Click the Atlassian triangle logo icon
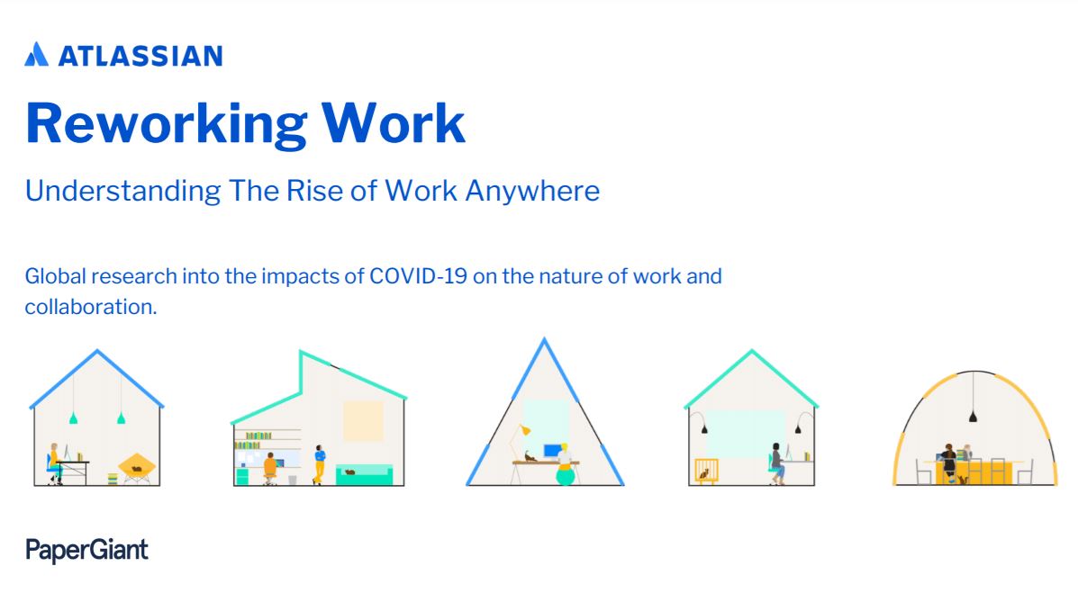[x=36, y=55]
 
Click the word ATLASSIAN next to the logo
[x=140, y=56]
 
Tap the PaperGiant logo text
[x=86, y=549]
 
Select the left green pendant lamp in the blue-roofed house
[x=73, y=418]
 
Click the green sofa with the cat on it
[x=364, y=475]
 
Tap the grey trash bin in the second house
[x=293, y=480]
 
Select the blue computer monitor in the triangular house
[x=550, y=450]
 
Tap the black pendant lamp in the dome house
[x=973, y=415]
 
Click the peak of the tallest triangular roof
[x=543, y=340]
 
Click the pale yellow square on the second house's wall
[x=363, y=421]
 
